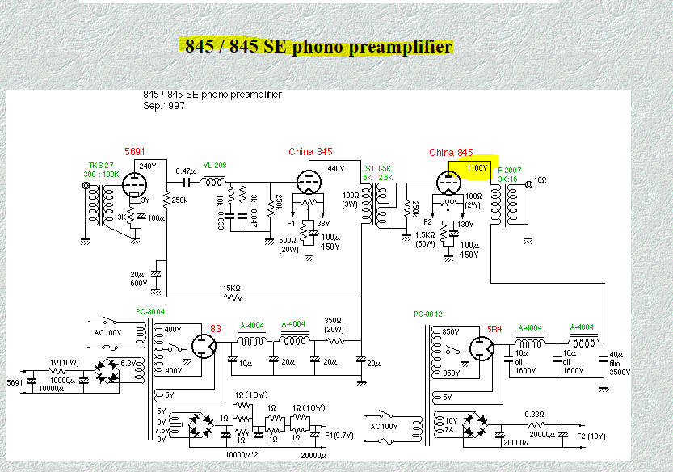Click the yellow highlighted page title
pos(318,46)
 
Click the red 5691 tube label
pos(134,152)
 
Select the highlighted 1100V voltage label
pos(477,167)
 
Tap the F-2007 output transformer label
pos(510,171)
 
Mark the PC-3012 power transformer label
pos(429,314)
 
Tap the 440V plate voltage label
pos(336,168)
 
